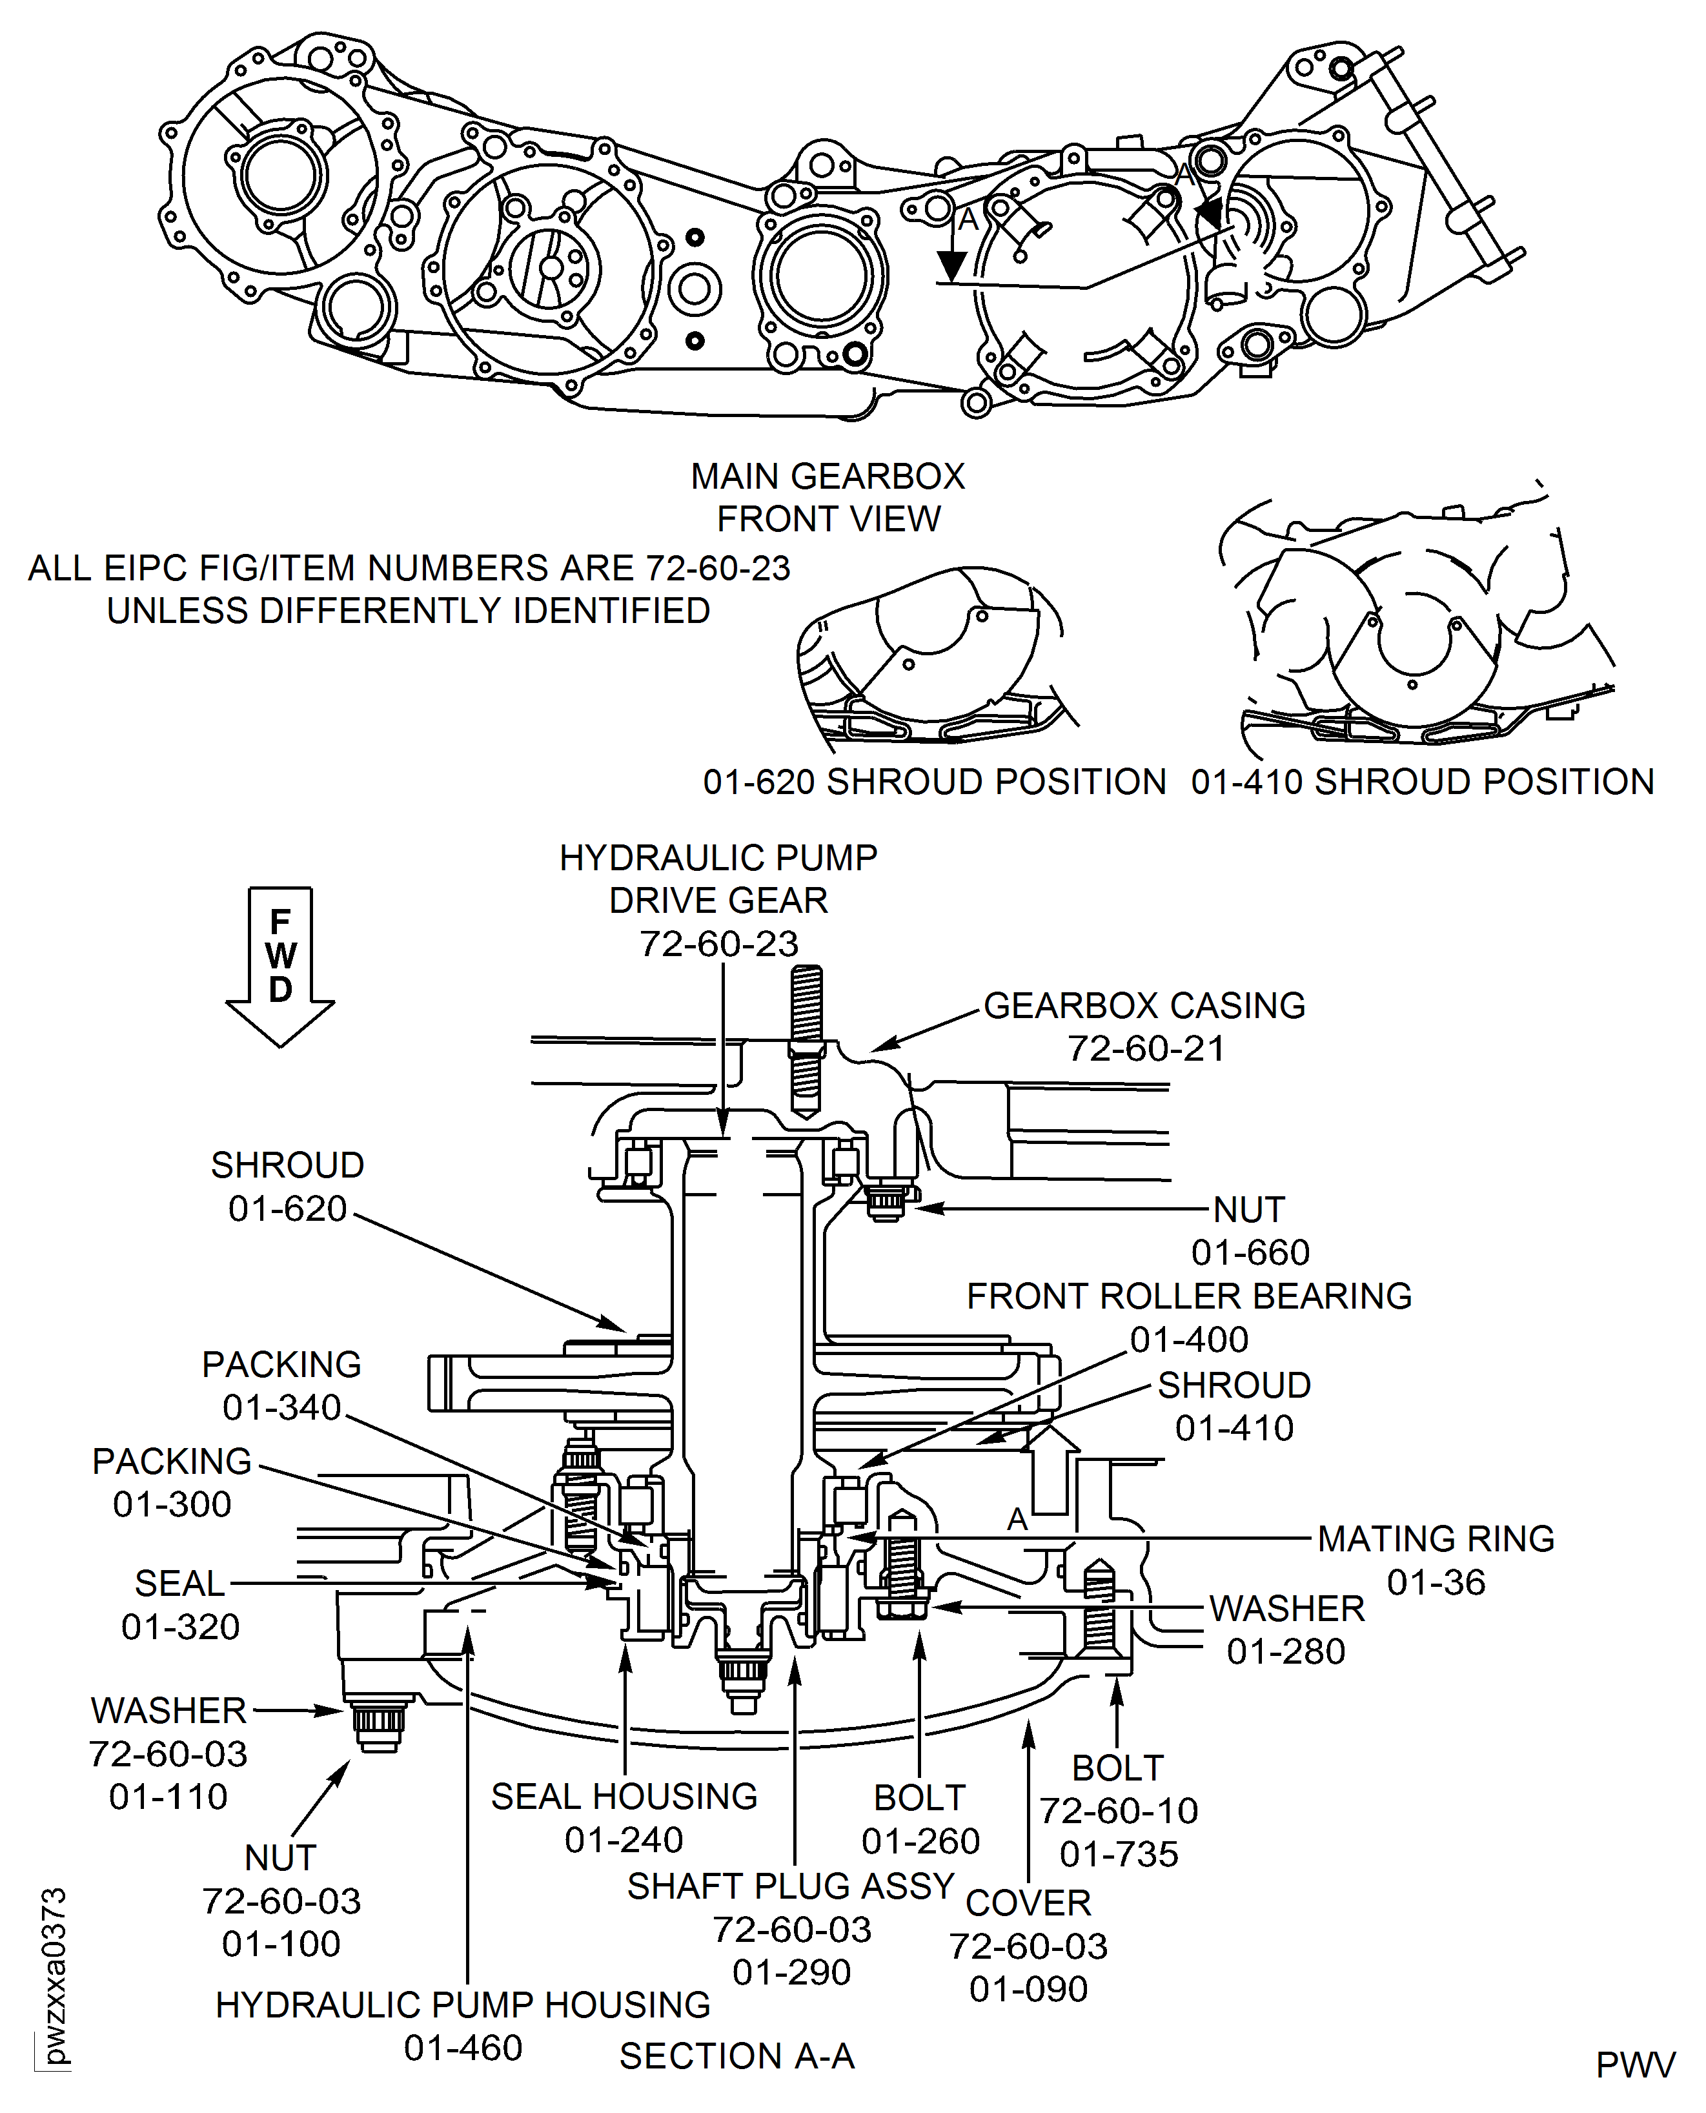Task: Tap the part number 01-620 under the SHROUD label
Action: click(288, 1208)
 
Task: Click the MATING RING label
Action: click(1435, 1538)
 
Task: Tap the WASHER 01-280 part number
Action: click(1285, 1651)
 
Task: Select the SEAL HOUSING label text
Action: click(624, 1797)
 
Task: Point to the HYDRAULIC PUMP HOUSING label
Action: click(463, 2005)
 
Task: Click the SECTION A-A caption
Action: click(737, 2056)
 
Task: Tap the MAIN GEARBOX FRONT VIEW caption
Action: click(828, 497)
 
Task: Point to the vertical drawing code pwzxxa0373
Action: click(55, 1975)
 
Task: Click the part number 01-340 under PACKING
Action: click(282, 1407)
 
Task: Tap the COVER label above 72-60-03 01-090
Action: click(1028, 1903)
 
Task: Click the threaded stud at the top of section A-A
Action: click(806, 1042)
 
